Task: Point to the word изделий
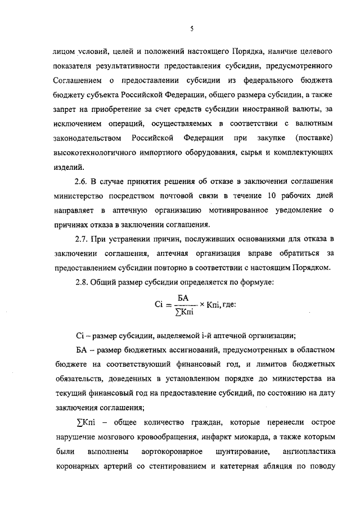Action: [x=69, y=166]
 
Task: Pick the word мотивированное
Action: [x=216, y=211]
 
